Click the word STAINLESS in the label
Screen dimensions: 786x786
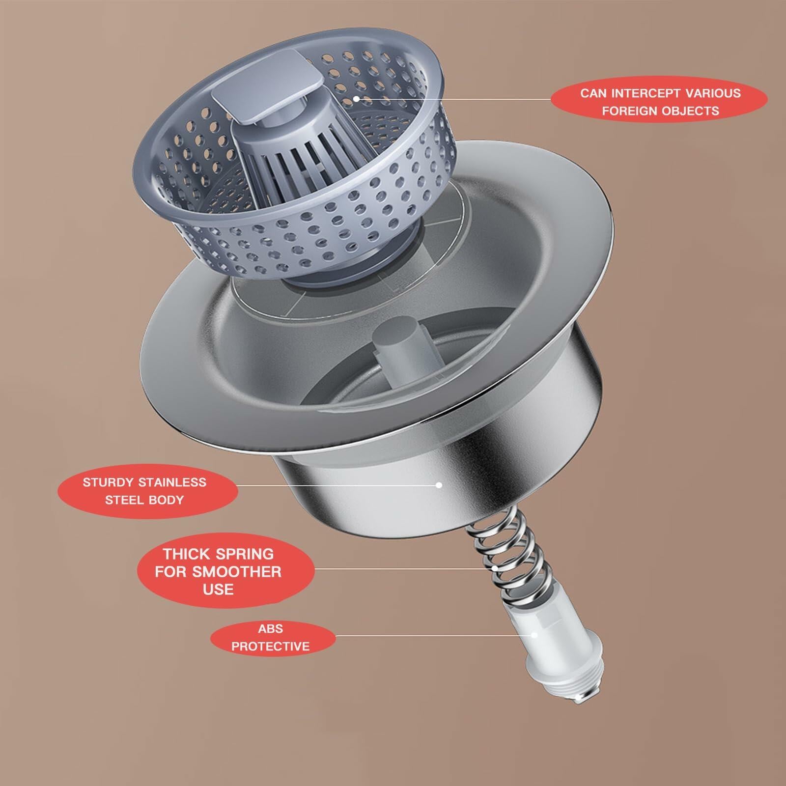(x=172, y=482)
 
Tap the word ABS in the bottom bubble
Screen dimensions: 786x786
(x=270, y=628)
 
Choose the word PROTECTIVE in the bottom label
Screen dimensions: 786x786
(x=270, y=646)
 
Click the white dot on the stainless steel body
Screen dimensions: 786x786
(x=439, y=485)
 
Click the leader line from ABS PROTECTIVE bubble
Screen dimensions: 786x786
(x=432, y=635)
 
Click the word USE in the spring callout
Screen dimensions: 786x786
(x=218, y=589)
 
